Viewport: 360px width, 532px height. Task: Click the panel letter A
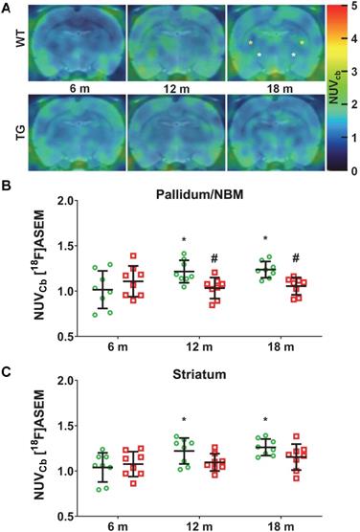tap(7, 7)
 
